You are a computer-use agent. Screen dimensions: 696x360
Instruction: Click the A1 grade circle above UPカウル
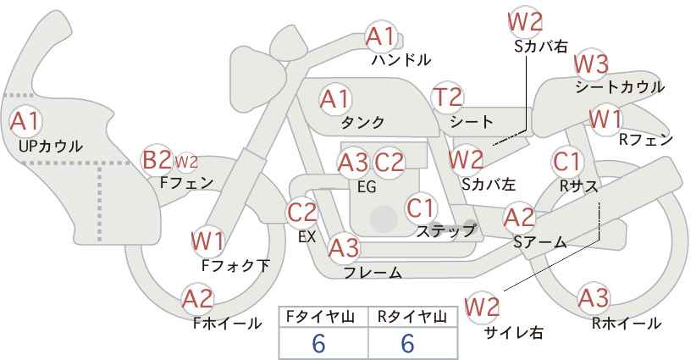(25, 121)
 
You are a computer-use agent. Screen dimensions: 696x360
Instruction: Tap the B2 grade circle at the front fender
(156, 160)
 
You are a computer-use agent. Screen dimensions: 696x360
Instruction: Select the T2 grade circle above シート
(447, 97)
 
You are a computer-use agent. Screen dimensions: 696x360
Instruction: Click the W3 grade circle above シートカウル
(591, 64)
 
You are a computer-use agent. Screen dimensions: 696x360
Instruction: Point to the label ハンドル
(401, 59)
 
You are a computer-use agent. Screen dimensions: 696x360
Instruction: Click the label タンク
(362, 122)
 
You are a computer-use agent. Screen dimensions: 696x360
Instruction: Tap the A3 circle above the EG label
(353, 163)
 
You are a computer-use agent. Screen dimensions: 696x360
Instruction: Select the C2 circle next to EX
(302, 212)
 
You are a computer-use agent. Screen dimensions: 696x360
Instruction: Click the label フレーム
(373, 272)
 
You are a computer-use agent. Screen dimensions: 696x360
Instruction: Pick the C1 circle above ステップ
(421, 208)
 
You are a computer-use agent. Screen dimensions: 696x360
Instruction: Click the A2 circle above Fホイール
(198, 299)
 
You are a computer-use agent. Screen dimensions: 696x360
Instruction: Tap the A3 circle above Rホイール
(594, 298)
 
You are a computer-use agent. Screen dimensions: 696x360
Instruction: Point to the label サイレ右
(514, 332)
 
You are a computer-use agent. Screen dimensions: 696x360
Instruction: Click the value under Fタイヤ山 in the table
(318, 343)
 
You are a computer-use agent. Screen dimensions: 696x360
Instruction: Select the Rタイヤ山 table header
(412, 317)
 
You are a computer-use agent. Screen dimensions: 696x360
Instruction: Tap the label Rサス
(578, 187)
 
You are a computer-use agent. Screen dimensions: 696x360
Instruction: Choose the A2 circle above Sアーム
(519, 218)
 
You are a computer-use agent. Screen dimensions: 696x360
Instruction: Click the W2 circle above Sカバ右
(526, 21)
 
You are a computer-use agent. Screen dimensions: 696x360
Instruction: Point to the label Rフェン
(646, 140)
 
